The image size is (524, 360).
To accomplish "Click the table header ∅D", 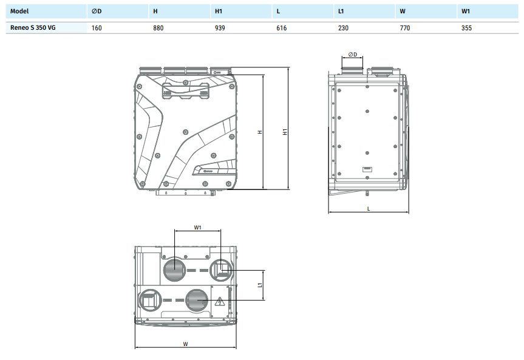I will pyautogui.click(x=97, y=12).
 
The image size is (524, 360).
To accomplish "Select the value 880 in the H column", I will pyautogui.click(x=158, y=28).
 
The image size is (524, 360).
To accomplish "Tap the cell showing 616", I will pyautogui.click(x=281, y=28).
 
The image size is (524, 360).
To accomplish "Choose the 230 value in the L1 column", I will pyautogui.click(x=343, y=28).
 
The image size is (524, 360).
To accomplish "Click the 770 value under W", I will pyautogui.click(x=405, y=28).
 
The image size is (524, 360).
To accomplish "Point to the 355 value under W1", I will pyautogui.click(x=466, y=28).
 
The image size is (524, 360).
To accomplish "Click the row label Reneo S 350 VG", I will pyautogui.click(x=33, y=28).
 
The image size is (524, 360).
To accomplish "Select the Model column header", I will pyautogui.click(x=19, y=12).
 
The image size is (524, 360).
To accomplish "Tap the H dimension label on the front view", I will pyautogui.click(x=259, y=132).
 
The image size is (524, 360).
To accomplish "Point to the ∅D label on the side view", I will pyautogui.click(x=353, y=54).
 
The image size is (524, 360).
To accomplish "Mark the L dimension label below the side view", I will pyautogui.click(x=369, y=208).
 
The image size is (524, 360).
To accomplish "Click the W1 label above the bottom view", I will pyautogui.click(x=197, y=228).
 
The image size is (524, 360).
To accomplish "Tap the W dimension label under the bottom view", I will pyautogui.click(x=185, y=344).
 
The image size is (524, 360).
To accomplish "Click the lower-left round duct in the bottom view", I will pyautogui.click(x=149, y=300).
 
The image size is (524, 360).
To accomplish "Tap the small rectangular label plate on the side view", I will pyautogui.click(x=367, y=169).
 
